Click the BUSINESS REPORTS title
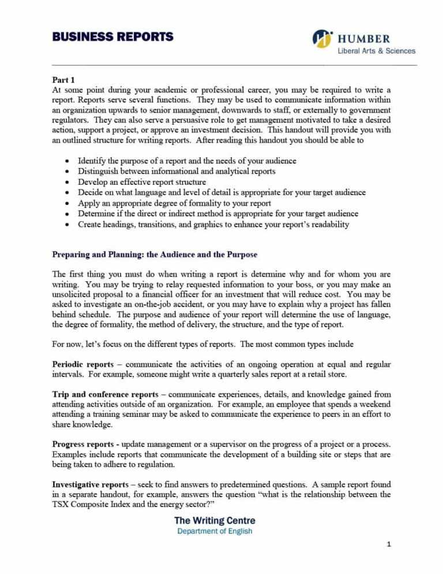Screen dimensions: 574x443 click(x=112, y=37)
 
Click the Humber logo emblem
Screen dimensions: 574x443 click(x=323, y=38)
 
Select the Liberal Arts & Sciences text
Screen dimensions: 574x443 click(x=376, y=51)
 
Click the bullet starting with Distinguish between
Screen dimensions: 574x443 click(x=177, y=171)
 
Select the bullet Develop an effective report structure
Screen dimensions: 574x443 click(x=142, y=182)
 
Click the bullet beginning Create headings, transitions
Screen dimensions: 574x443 click(x=213, y=225)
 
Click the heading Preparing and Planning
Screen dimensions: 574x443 click(x=155, y=254)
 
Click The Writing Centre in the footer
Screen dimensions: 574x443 click(x=215, y=520)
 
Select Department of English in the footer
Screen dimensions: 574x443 click(x=215, y=531)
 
